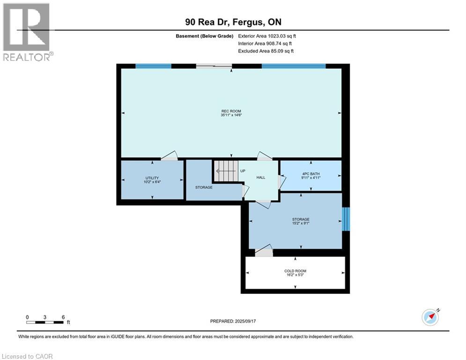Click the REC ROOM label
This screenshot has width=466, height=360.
(x=231, y=111)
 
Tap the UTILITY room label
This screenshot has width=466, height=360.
(x=152, y=178)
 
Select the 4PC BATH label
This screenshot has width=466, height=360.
(x=311, y=174)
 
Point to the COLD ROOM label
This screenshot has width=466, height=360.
(x=295, y=271)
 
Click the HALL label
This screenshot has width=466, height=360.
(x=261, y=178)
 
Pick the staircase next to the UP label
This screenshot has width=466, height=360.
(x=227, y=171)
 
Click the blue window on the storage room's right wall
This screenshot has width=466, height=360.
(x=346, y=219)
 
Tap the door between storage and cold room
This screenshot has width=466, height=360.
(x=264, y=251)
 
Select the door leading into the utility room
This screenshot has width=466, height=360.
(x=169, y=156)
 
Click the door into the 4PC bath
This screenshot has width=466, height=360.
(x=282, y=182)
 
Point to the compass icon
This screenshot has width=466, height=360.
(x=430, y=317)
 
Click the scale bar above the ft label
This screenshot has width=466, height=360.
(x=45, y=322)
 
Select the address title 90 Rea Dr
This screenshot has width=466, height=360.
(x=207, y=22)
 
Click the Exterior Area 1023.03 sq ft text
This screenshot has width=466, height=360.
(x=267, y=36)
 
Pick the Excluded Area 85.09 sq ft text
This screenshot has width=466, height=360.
(x=266, y=51)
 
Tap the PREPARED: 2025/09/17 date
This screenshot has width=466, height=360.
(x=233, y=321)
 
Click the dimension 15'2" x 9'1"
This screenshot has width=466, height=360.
(x=301, y=223)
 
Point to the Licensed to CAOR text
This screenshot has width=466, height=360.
(x=27, y=356)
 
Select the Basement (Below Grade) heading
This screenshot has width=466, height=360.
(x=205, y=36)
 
